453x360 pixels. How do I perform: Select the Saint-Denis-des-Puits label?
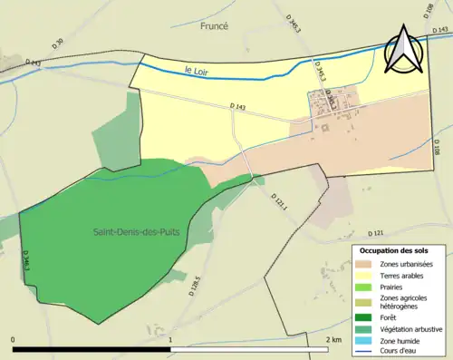pos(134,232)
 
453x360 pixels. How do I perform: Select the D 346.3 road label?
pos(26,262)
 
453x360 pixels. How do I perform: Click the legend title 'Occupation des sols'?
pos(394,250)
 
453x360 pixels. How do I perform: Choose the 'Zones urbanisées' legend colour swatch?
pos(364,264)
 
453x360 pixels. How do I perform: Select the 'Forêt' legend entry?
pos(390,316)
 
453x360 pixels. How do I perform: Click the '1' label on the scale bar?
pos(171,339)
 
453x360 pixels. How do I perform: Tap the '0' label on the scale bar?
pos(13,339)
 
